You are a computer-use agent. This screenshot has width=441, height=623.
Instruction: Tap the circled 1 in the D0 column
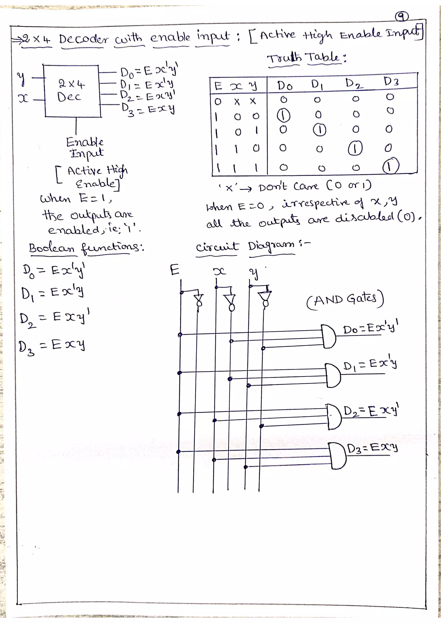click(x=283, y=116)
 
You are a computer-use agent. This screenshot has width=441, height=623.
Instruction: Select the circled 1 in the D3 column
click(x=390, y=167)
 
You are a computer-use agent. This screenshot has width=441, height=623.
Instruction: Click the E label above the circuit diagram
click(x=174, y=270)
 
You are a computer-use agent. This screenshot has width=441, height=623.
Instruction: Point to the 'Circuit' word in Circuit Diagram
click(x=217, y=247)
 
